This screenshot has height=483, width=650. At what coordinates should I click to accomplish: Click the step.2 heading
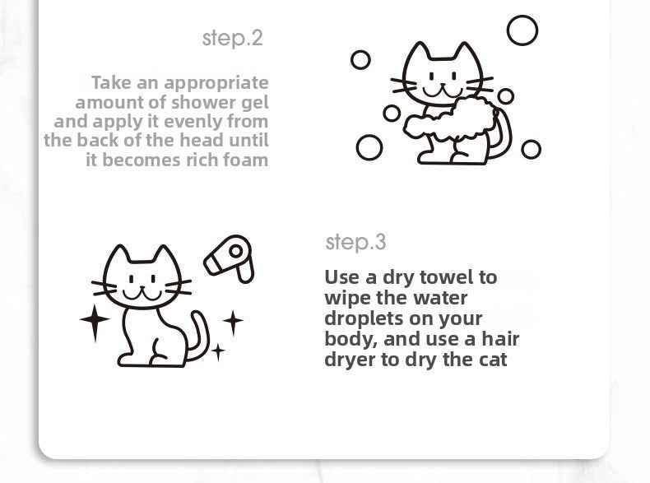point(232,38)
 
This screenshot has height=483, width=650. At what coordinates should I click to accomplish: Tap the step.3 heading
point(355,242)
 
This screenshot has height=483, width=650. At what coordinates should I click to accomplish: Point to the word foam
point(245,160)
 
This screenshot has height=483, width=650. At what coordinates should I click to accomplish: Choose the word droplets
point(365,318)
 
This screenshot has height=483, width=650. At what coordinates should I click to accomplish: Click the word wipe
point(346,298)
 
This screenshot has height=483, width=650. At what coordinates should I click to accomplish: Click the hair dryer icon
point(229,258)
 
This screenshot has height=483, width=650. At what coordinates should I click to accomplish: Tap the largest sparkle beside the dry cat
point(95,321)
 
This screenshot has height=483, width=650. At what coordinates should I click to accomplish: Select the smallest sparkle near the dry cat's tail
point(218,352)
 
